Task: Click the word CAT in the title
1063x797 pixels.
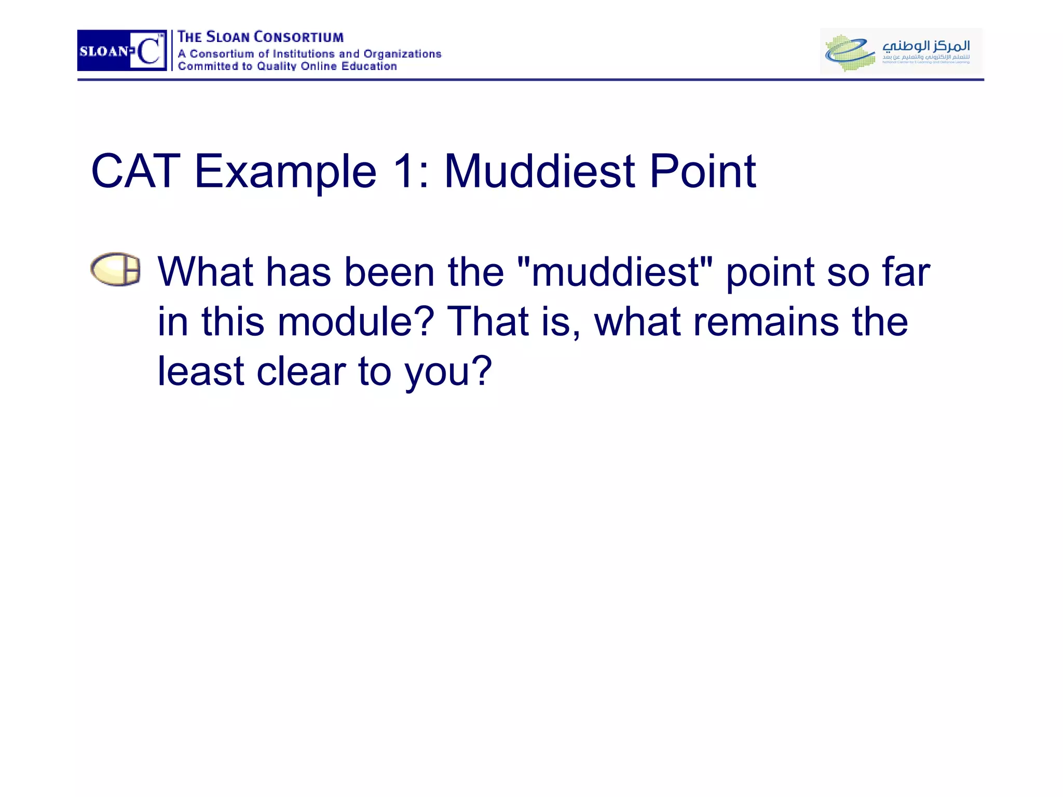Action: coord(135,171)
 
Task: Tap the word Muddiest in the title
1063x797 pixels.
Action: coord(539,171)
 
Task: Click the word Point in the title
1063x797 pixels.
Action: coord(702,171)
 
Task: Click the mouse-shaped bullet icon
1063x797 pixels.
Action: coord(115,269)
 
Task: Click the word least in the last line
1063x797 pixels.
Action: coord(200,372)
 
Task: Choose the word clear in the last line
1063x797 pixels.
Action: coord(301,372)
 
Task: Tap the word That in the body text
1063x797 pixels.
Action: coord(487,322)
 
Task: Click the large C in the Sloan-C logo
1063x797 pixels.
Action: coord(149,51)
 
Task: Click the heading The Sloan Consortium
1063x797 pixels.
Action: coord(260,37)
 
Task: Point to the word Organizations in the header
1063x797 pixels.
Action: coord(402,54)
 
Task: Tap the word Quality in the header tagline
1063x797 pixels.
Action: coord(277,66)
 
